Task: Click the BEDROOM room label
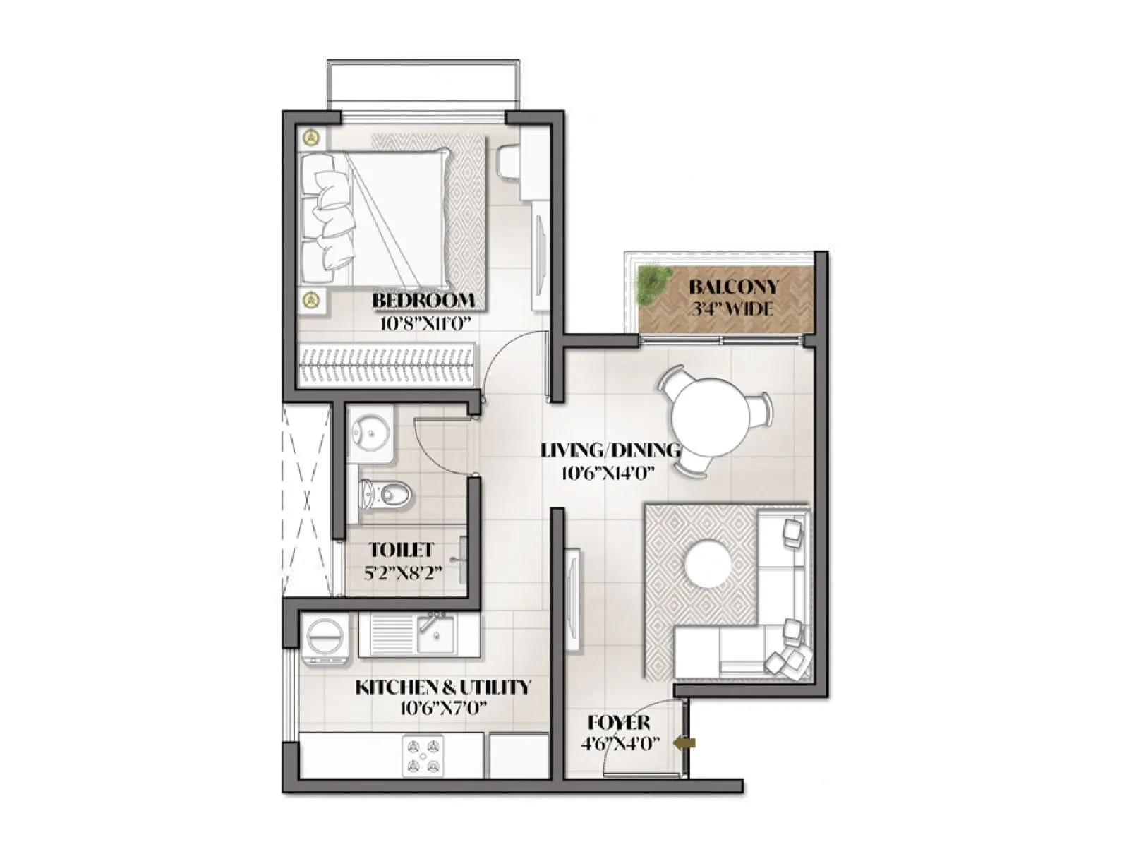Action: tap(423, 301)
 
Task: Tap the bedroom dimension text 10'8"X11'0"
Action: tap(425, 323)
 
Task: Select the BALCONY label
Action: tap(734, 287)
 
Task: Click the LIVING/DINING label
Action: tap(610, 450)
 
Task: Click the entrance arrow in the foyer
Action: tap(685, 743)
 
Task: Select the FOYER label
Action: tap(619, 723)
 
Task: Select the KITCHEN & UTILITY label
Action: tap(442, 687)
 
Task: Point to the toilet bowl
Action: tap(385, 493)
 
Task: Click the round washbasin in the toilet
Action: tap(371, 430)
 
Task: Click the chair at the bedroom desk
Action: tap(509, 161)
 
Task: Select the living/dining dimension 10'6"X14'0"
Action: tap(604, 473)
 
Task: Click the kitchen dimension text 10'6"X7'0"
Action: tap(442, 708)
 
